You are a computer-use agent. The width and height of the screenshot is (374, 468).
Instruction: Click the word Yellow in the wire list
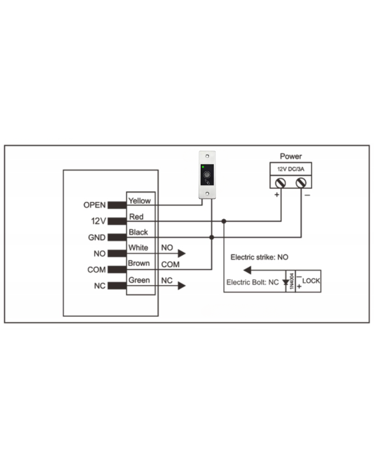click(139, 201)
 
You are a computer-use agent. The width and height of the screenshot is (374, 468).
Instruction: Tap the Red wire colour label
click(136, 217)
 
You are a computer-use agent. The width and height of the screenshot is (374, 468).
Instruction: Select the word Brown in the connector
click(139, 263)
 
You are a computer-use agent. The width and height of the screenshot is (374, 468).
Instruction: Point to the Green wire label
click(139, 280)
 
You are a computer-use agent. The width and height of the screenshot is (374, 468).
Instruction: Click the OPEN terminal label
click(95, 205)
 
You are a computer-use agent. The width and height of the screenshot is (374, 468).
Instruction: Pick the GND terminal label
click(97, 237)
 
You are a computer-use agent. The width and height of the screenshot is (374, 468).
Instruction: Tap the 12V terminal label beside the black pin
click(98, 221)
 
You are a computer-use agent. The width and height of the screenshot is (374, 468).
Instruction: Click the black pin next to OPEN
click(117, 205)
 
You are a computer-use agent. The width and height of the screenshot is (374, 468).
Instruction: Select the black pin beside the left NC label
click(117, 286)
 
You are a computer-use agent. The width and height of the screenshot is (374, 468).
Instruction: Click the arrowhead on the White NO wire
click(182, 253)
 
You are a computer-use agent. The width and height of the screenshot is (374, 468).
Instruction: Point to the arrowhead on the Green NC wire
click(182, 286)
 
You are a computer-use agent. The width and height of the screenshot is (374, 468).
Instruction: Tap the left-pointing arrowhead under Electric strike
click(247, 270)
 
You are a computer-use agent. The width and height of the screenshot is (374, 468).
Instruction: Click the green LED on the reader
click(203, 167)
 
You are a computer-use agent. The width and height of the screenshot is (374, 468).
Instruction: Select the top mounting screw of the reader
click(207, 156)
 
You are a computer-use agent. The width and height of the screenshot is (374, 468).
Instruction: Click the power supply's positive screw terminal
click(280, 183)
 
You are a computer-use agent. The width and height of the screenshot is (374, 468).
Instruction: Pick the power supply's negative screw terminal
click(301, 183)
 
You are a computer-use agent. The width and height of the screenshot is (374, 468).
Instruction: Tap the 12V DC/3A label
click(291, 169)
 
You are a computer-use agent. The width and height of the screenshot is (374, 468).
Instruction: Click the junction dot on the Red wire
click(224, 221)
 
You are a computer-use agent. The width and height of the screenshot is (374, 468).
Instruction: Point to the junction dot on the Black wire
click(212, 237)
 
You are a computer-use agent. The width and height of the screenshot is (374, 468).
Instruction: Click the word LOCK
click(311, 281)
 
